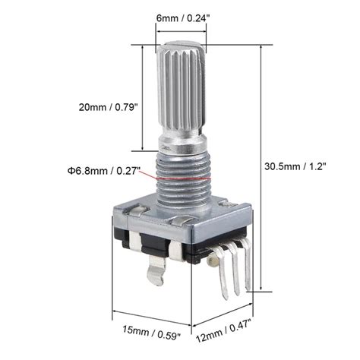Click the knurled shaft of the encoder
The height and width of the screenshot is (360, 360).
pyautogui.click(x=180, y=91)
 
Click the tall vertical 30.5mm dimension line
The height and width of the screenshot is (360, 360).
pyautogui.click(x=262, y=166)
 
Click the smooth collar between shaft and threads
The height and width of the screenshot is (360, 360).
pyautogui.click(x=181, y=146)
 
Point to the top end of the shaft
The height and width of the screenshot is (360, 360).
pyautogui.click(x=181, y=43)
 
